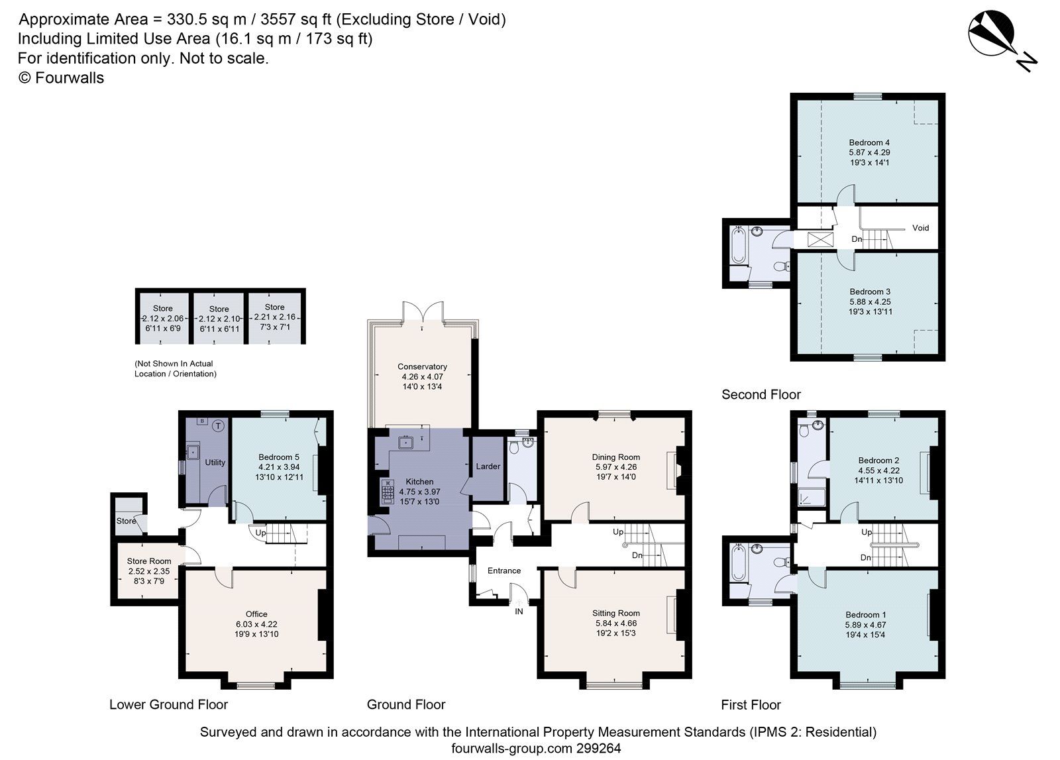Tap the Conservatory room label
422,366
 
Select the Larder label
488,466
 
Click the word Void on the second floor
920,228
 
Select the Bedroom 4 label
869,142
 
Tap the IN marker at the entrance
519,612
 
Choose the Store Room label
149,561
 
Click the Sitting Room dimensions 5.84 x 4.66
616,623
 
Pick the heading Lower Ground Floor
168,704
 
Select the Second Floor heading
761,395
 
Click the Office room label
256,614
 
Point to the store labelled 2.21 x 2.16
275,317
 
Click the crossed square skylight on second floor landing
818,240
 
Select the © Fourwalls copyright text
61,78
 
